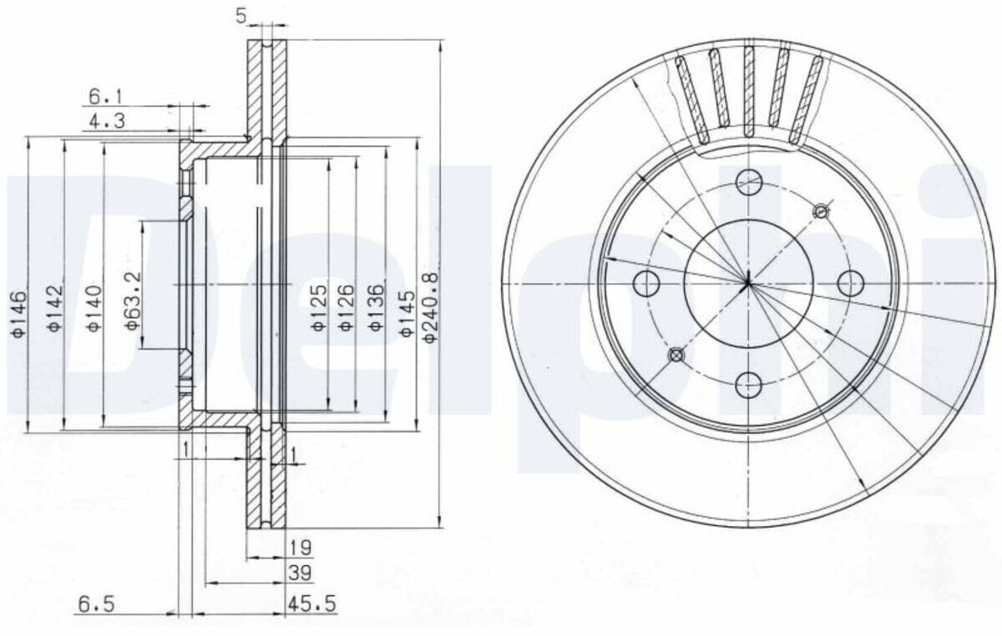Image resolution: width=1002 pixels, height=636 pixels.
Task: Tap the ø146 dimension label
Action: point(19,314)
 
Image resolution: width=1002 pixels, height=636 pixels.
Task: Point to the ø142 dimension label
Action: point(54,308)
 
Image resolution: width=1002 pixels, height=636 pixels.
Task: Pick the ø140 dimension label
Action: point(94,309)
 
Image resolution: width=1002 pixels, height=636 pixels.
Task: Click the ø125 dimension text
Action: point(319,308)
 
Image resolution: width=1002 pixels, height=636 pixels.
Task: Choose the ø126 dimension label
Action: point(347,308)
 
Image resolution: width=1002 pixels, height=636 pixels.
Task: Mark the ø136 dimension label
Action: point(377,308)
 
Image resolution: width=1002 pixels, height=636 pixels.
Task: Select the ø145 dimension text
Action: point(407,314)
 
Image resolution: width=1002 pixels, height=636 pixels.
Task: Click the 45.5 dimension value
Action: point(311,604)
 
